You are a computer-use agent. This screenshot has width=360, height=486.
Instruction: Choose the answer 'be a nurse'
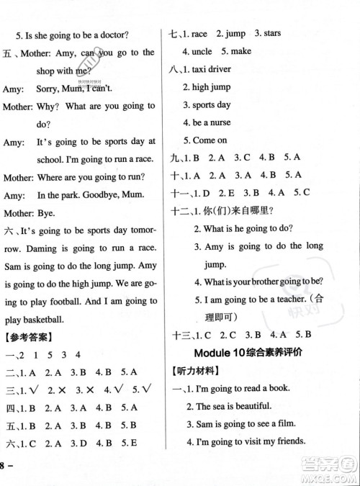point(214,123)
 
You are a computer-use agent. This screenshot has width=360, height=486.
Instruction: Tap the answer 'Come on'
point(210,140)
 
